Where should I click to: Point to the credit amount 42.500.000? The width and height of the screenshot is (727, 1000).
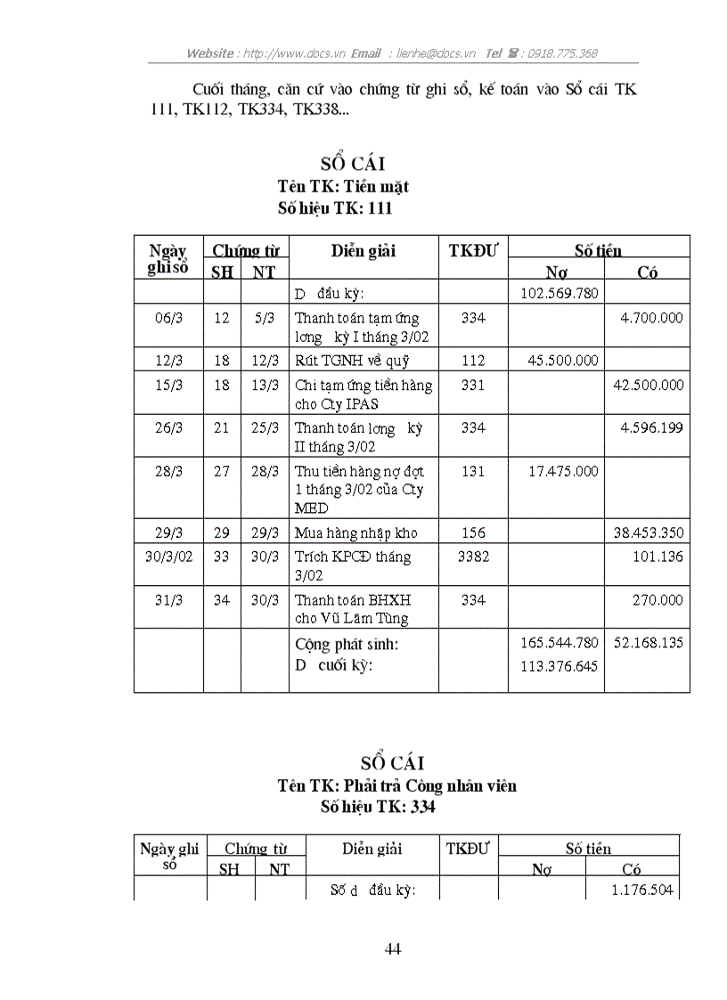click(649, 386)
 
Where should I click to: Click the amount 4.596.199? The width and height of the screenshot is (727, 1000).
click(651, 428)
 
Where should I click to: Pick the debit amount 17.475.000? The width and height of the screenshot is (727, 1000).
click(563, 471)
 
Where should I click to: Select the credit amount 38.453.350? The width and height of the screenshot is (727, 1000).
click(649, 533)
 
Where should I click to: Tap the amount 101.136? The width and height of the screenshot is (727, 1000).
click(661, 557)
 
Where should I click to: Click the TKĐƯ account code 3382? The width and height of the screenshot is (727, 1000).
click(474, 557)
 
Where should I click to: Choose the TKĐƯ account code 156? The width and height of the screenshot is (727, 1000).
click(474, 533)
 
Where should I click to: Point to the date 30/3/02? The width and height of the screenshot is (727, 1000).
click(168, 557)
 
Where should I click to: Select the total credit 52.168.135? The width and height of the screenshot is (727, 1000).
click(649, 642)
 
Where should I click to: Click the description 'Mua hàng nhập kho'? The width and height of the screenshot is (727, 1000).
click(356, 533)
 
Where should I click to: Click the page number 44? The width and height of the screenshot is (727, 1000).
click(393, 949)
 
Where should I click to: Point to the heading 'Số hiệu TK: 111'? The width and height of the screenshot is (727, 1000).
click(335, 207)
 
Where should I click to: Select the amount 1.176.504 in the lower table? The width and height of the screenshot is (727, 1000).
click(642, 890)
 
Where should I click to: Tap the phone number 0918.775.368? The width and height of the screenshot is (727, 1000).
click(562, 53)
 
